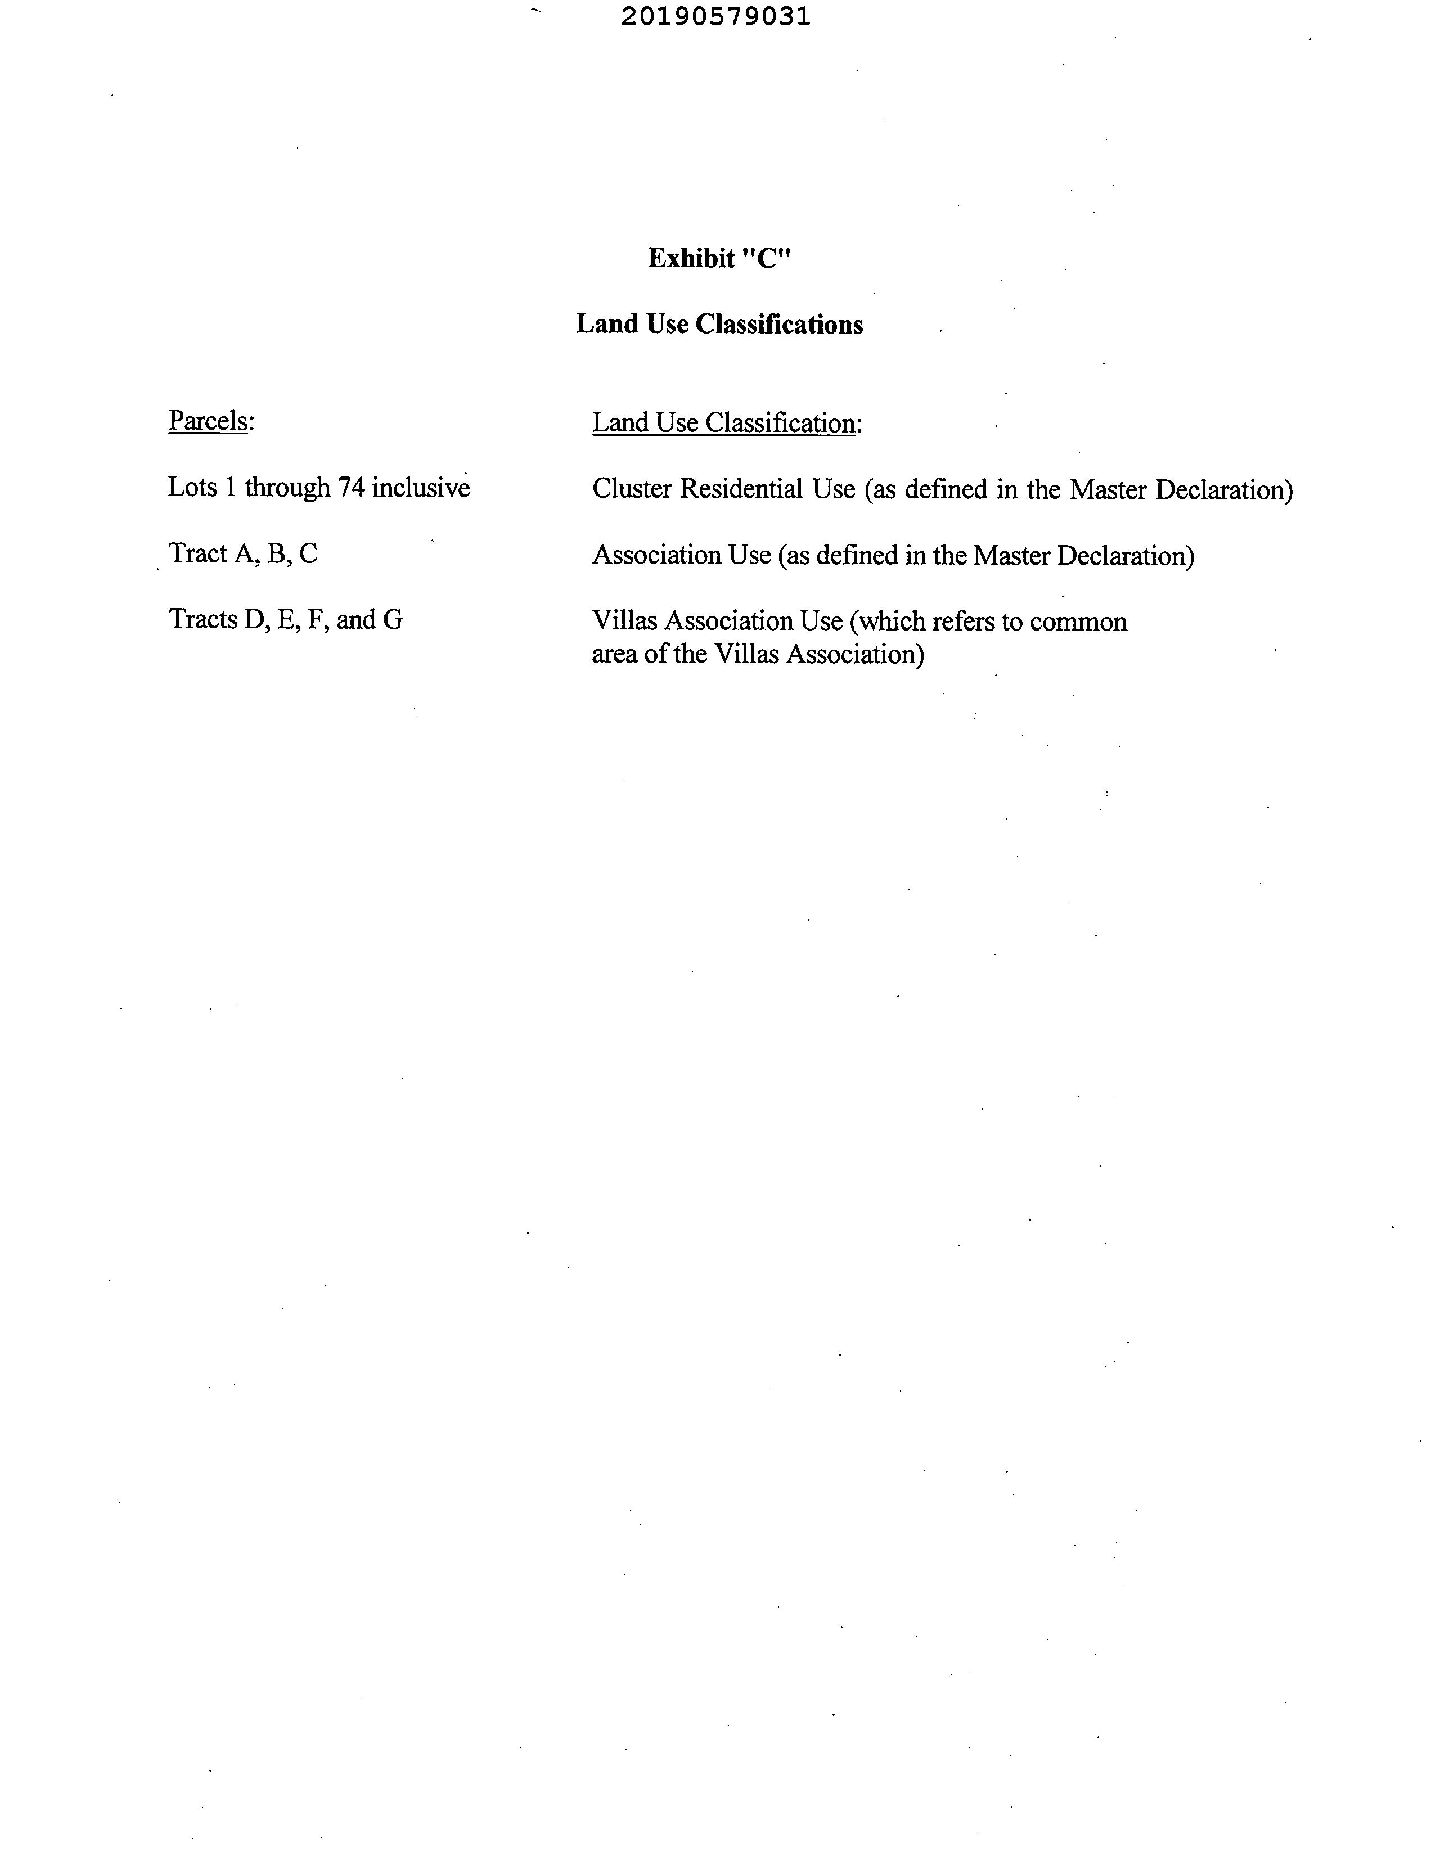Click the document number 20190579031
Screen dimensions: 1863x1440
(715, 16)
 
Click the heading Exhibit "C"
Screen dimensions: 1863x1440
(719, 258)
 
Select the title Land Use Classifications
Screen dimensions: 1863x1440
(719, 324)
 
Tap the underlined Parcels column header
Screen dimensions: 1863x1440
(208, 421)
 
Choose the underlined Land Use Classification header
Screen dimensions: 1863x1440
(723, 423)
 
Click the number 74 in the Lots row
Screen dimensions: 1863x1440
(352, 488)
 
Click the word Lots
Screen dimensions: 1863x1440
(190, 488)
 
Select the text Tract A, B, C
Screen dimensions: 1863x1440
(243, 553)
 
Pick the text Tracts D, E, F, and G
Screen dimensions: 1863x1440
(285, 619)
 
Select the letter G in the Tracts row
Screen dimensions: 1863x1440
(393, 619)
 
